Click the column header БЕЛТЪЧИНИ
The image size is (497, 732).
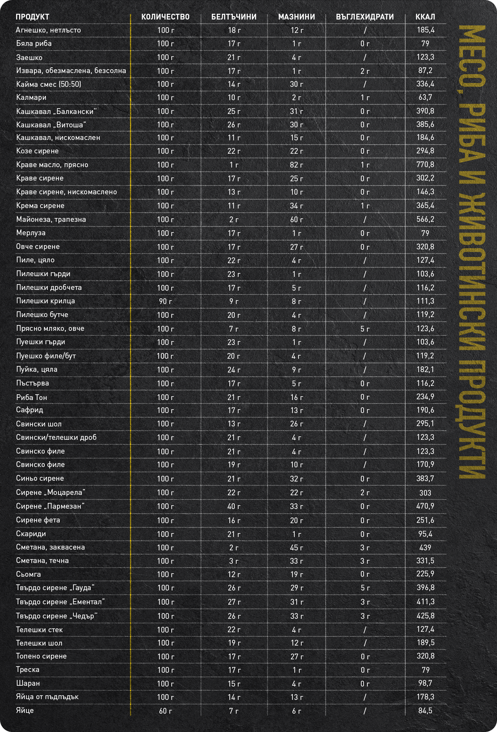click(234, 17)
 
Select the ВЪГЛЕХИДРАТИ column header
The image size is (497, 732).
click(365, 17)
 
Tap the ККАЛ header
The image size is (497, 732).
click(425, 17)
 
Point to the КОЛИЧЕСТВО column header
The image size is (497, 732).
click(165, 17)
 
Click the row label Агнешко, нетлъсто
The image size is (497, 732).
click(49, 30)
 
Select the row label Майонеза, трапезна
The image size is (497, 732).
click(51, 219)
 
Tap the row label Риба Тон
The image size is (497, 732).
click(32, 397)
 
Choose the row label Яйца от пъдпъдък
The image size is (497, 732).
click(47, 696)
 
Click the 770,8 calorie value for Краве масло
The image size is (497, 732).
click(425, 165)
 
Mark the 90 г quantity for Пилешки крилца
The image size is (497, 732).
click(165, 301)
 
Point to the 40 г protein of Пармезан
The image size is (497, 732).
click(234, 506)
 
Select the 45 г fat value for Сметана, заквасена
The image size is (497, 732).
click(297, 547)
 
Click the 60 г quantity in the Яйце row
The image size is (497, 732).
click(165, 711)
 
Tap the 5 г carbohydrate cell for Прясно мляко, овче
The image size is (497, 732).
click(365, 329)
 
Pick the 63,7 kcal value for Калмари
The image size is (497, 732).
click(425, 98)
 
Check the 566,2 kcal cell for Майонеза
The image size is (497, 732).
click(425, 219)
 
